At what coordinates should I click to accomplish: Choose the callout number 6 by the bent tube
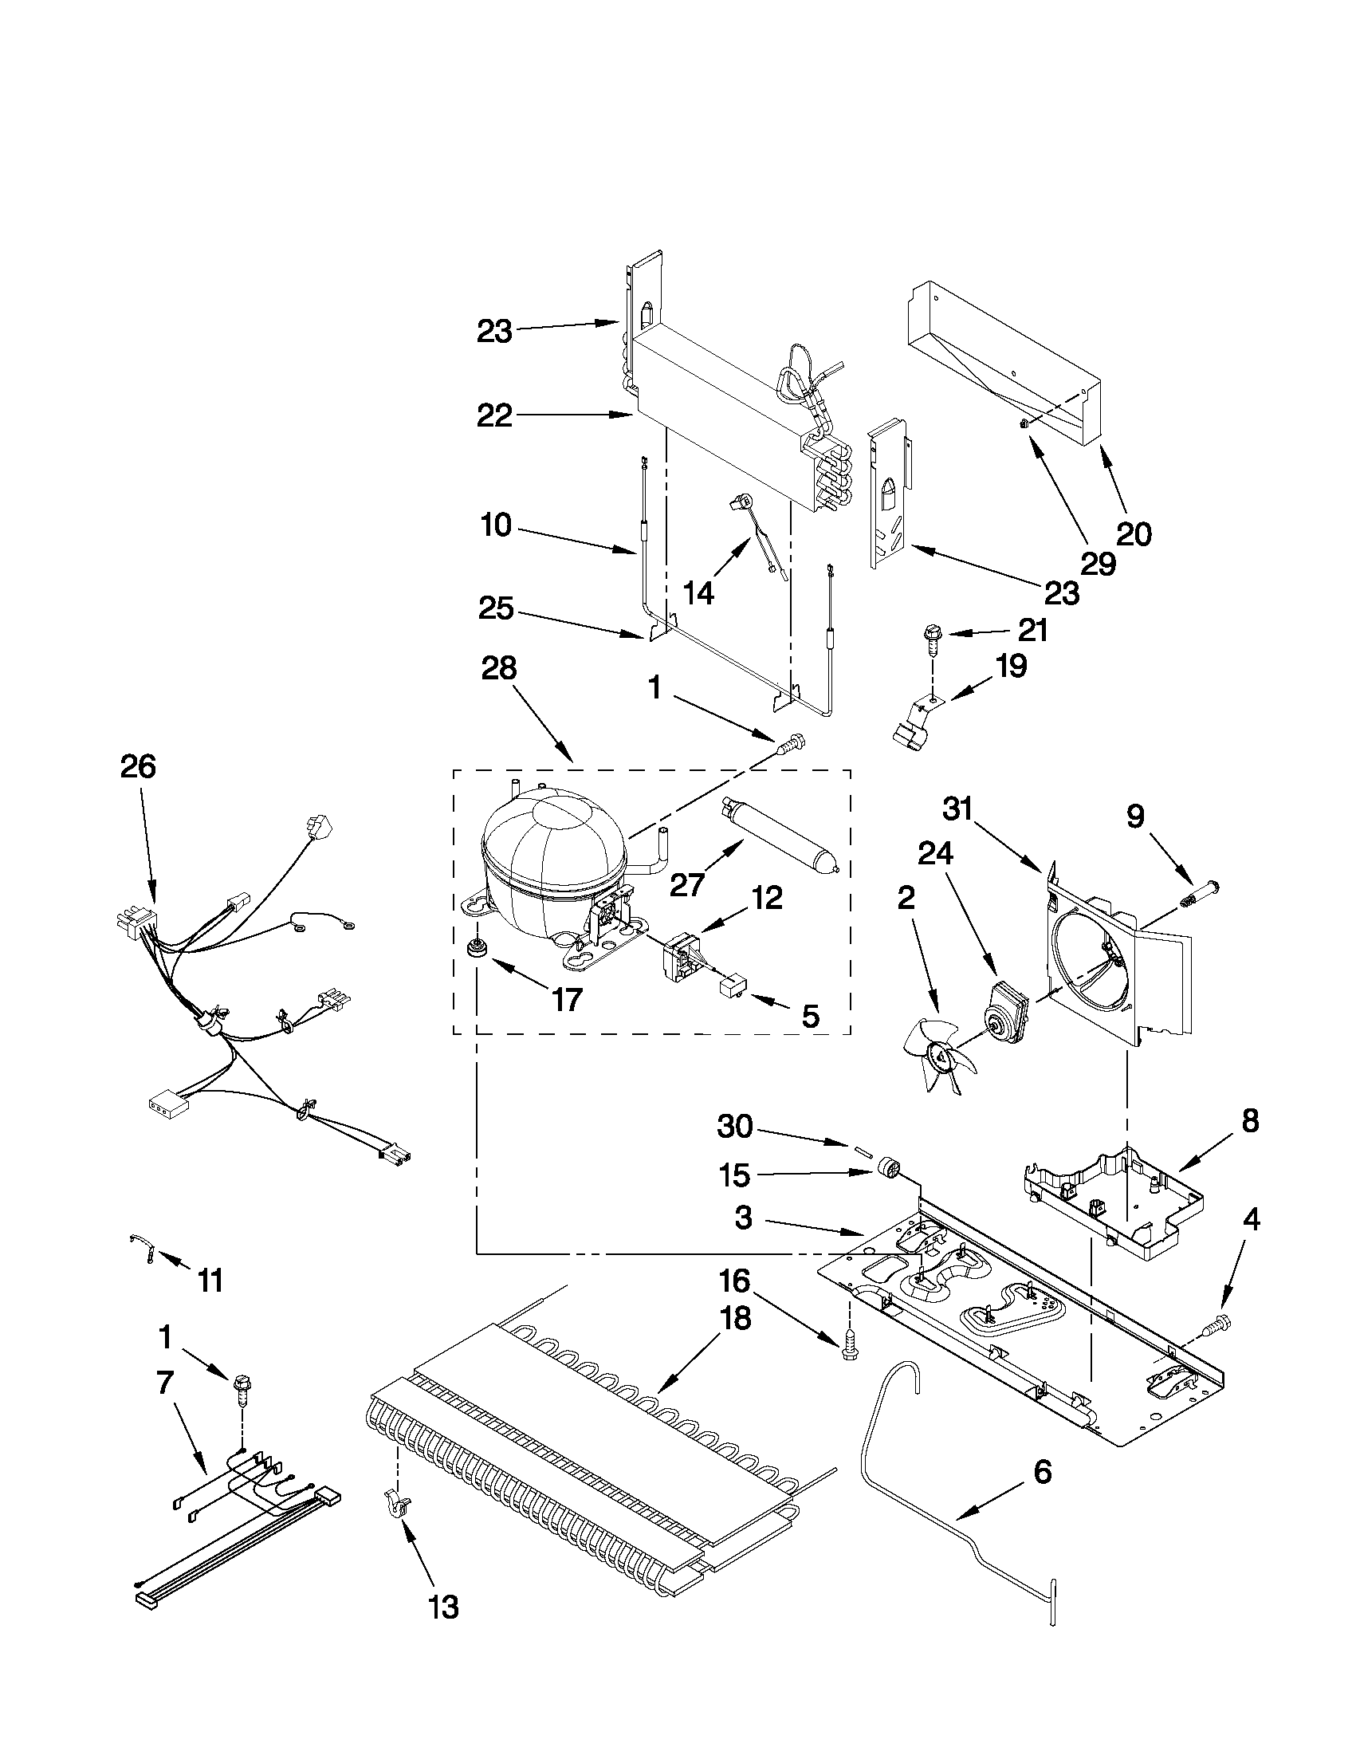tap(1041, 1473)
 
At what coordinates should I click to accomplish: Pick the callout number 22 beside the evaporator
tap(494, 415)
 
